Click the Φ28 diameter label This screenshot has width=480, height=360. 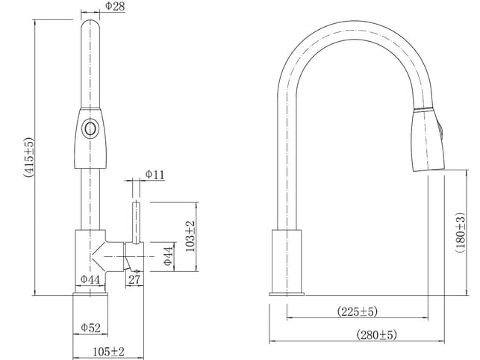[x=115, y=6]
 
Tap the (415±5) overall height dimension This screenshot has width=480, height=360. [x=29, y=158]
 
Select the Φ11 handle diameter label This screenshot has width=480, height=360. [x=155, y=175]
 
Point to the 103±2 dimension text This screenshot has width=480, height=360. [x=190, y=236]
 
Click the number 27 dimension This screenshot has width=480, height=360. [x=134, y=280]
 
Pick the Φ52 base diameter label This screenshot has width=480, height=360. [x=90, y=328]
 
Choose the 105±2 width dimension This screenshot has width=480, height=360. [x=108, y=352]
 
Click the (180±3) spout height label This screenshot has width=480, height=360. [x=460, y=232]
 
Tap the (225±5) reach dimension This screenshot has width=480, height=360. [x=358, y=311]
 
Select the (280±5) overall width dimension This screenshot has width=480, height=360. [x=376, y=335]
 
